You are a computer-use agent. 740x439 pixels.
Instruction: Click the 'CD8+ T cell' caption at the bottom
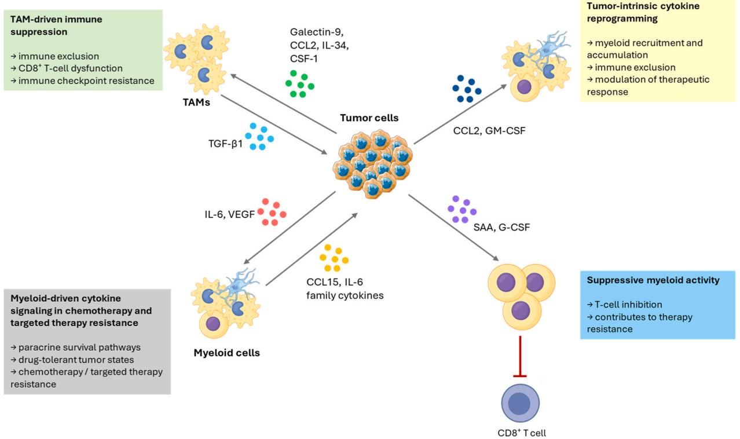(522, 432)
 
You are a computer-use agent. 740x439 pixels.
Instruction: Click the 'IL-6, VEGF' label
(226, 214)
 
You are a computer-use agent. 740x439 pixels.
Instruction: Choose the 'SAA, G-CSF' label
(501, 227)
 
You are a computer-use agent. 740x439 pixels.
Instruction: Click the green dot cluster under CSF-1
(299, 83)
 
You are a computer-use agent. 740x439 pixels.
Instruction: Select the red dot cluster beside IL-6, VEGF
(272, 212)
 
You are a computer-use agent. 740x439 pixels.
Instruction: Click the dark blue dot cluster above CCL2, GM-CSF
(467, 89)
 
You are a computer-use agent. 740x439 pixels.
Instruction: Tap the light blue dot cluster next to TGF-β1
(259, 136)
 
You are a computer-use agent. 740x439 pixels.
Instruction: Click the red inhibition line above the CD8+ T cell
(520, 357)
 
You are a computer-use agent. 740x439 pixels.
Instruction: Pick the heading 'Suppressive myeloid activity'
(653, 280)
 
